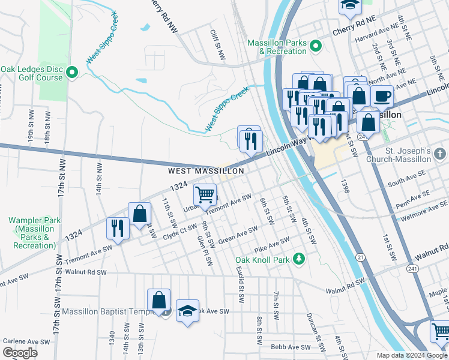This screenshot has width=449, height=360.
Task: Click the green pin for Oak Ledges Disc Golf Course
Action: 72,73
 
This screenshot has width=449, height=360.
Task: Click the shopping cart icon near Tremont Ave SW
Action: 205,195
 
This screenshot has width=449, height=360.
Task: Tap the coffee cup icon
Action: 382,96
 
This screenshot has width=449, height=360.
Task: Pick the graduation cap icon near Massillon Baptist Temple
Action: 187,311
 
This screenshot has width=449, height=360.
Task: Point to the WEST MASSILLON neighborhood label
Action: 206,171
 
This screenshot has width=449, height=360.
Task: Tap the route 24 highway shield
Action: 362,137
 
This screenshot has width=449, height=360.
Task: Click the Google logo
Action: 20,352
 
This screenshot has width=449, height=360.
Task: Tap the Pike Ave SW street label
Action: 272,244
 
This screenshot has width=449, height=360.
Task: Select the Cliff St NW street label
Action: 217,46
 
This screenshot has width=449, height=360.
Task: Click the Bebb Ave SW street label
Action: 291,347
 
